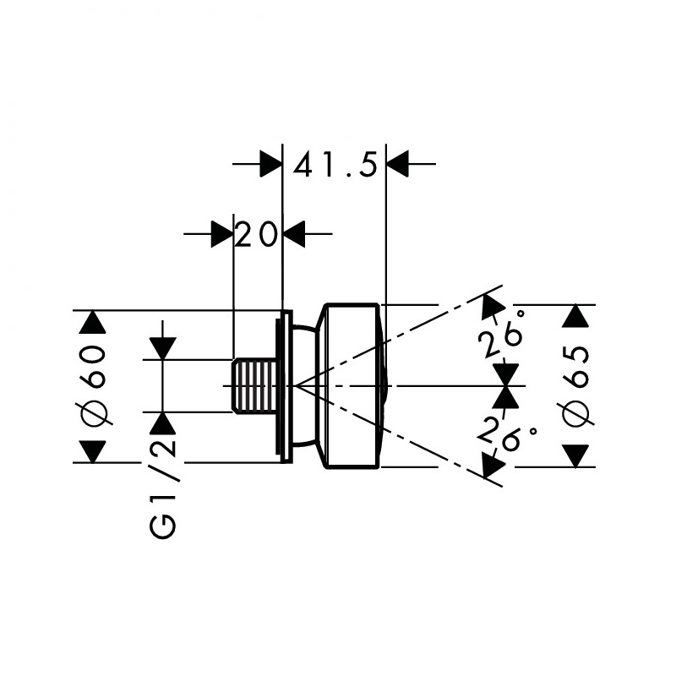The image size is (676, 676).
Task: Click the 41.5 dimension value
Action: [335, 164]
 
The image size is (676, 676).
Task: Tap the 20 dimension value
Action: [257, 234]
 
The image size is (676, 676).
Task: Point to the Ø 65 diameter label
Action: [575, 386]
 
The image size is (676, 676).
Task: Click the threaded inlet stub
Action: [254, 385]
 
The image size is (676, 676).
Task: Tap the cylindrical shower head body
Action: [352, 386]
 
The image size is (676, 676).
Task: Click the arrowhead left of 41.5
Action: [270, 164]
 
